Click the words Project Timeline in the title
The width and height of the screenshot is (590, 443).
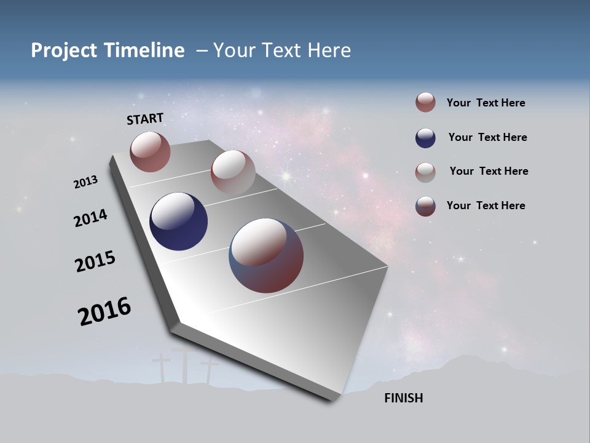pos(108,50)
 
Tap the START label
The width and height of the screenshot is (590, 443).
pos(145,119)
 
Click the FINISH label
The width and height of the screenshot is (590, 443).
pos(403,398)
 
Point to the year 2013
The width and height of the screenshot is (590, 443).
pos(85,182)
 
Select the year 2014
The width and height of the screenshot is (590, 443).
pos(90,218)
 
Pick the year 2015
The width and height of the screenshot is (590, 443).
pos(95,261)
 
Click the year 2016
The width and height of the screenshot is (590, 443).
pos(104,311)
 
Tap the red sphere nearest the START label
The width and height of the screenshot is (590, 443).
pos(150,151)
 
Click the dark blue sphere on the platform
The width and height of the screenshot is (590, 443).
pos(178,221)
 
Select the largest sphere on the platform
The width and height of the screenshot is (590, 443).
pos(266,255)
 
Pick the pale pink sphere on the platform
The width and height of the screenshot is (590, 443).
pos(232,172)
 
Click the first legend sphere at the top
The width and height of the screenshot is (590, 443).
pos(425,102)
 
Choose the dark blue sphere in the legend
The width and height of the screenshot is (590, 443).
pos(425,138)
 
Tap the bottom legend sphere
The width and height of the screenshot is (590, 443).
pos(425,206)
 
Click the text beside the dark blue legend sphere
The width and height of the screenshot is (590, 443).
pos(487,137)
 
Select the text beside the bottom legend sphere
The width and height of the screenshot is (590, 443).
pos(486,206)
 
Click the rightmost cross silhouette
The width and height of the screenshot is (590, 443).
pos(209,369)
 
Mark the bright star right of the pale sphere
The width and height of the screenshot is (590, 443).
pos(286,177)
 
